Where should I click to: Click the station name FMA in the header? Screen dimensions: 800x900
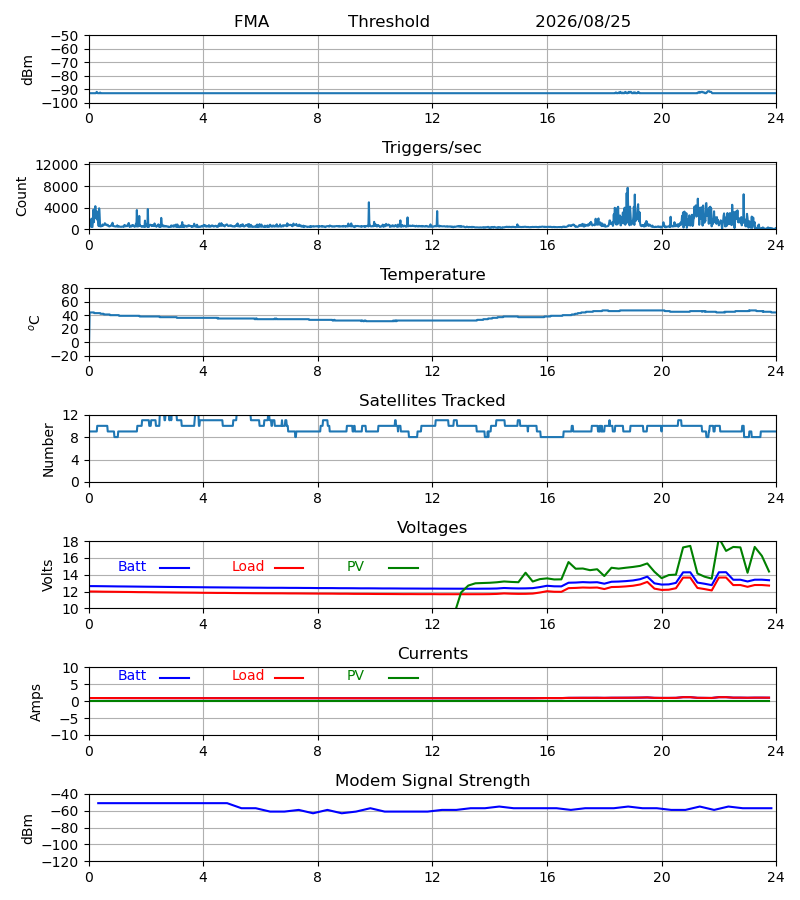click(x=251, y=22)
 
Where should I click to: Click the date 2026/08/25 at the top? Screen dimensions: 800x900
click(x=582, y=22)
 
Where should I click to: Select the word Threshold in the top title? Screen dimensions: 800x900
click(x=389, y=22)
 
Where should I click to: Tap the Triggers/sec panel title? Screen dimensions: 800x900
click(x=432, y=148)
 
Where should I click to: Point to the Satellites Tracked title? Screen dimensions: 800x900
click(x=432, y=401)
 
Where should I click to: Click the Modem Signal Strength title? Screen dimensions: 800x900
click(x=432, y=781)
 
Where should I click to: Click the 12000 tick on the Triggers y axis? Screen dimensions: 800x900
click(x=57, y=165)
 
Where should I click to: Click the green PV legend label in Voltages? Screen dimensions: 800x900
click(x=355, y=567)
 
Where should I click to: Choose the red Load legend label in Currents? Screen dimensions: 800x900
click(x=248, y=676)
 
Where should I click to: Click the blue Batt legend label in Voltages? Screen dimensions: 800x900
click(x=132, y=567)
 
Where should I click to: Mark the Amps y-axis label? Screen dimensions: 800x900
click(x=36, y=703)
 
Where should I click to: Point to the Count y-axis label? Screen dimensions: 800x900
click(x=22, y=196)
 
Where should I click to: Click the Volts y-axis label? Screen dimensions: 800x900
click(x=47, y=575)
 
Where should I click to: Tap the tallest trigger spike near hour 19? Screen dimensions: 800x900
click(x=627, y=188)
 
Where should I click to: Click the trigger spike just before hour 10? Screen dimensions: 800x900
click(x=369, y=203)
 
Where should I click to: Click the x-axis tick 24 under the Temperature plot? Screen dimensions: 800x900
click(x=776, y=371)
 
